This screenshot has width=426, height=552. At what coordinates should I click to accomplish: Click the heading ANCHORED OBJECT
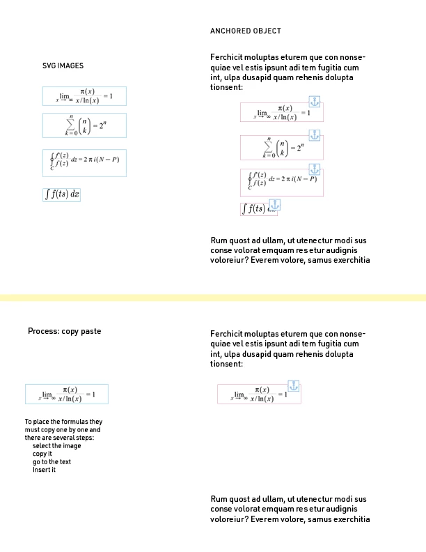coord(246,31)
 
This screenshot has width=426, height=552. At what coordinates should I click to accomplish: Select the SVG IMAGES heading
coord(63,66)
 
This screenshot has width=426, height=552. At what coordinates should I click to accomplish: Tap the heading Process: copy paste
coord(64,331)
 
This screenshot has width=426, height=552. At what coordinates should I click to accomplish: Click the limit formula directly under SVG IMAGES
coord(84,95)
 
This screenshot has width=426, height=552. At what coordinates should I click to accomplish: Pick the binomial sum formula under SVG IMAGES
coord(84,125)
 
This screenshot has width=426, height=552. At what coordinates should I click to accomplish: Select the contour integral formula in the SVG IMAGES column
coord(84,162)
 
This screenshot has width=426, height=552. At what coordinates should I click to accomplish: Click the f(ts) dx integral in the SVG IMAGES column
coord(62,194)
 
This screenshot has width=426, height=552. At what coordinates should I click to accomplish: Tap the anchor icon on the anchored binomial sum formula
coord(315,135)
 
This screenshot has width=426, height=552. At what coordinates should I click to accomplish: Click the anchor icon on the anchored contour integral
coord(315,169)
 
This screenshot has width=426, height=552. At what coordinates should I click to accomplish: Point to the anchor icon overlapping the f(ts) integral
coord(274,204)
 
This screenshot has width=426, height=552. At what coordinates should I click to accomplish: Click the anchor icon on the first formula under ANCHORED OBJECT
coord(314,102)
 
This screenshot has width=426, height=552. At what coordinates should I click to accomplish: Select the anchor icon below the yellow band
coord(294,385)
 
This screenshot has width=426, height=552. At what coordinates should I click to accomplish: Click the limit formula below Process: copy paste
coord(67,394)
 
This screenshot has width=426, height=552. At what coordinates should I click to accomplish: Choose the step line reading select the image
coord(56,446)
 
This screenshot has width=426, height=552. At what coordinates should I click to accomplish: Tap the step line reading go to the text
coord(52,462)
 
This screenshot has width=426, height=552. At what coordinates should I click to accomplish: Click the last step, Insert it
coord(44,470)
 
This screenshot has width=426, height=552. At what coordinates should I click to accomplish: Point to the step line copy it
coord(42,454)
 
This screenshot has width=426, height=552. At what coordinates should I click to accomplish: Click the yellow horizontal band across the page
coord(213,298)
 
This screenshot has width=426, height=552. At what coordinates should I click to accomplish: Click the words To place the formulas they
coord(63,422)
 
